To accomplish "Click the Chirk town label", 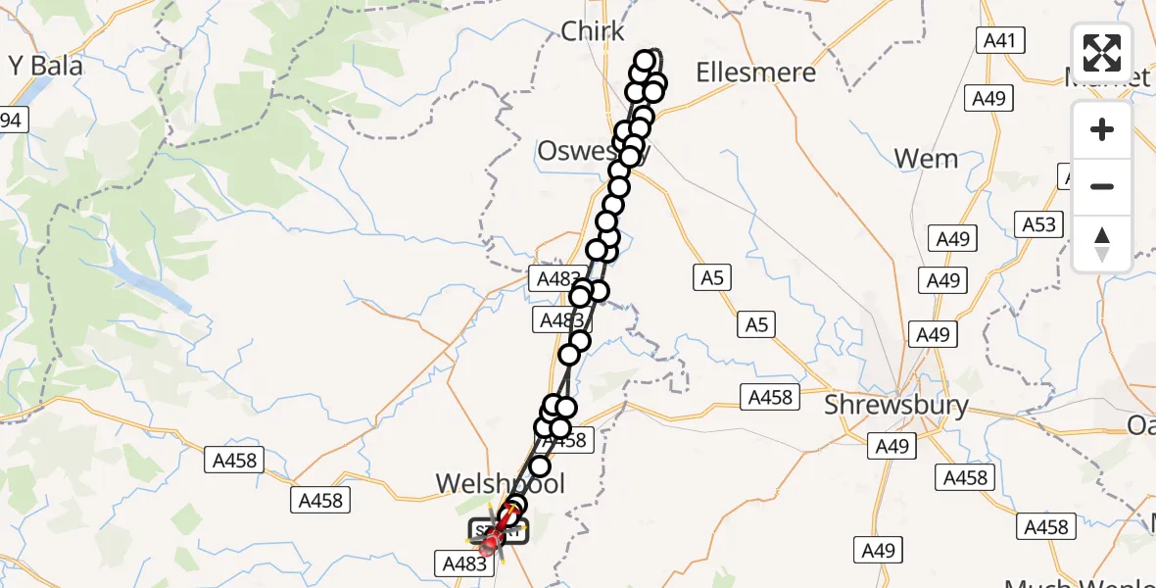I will click(593, 32).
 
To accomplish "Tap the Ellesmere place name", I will click(754, 72).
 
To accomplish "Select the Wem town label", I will click(927, 158).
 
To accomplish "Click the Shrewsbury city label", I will click(896, 405).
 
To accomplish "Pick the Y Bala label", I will click(46, 66).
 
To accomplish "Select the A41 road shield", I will click(1000, 41).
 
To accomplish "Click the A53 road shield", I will click(1039, 224).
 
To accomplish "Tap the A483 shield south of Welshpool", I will click(464, 563).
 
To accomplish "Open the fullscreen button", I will click(1102, 53).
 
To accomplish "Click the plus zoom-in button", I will click(1102, 130).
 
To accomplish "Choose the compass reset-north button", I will click(1102, 243).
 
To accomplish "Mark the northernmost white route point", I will click(646, 61).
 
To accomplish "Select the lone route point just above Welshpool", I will click(540, 466).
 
